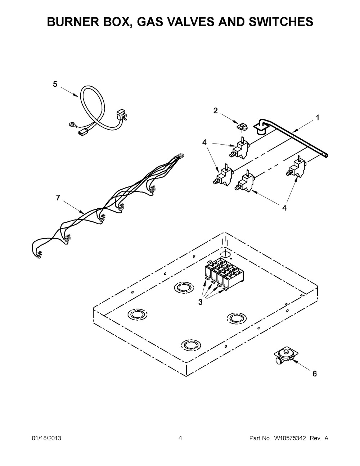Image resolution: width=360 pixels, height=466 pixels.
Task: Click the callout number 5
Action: pos(55,84)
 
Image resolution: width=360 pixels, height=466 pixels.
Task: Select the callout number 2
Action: pos(215,110)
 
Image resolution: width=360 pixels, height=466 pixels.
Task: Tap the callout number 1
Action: pos(317,117)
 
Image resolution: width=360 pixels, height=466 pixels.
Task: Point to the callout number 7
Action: pos(58,197)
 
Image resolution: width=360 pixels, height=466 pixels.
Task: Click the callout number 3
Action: pos(200,302)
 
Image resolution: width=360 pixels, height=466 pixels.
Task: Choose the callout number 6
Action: pos(314,374)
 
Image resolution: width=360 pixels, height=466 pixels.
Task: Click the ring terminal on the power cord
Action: pos(72,125)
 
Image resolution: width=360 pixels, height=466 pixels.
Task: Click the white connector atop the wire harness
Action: pos(181,156)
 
